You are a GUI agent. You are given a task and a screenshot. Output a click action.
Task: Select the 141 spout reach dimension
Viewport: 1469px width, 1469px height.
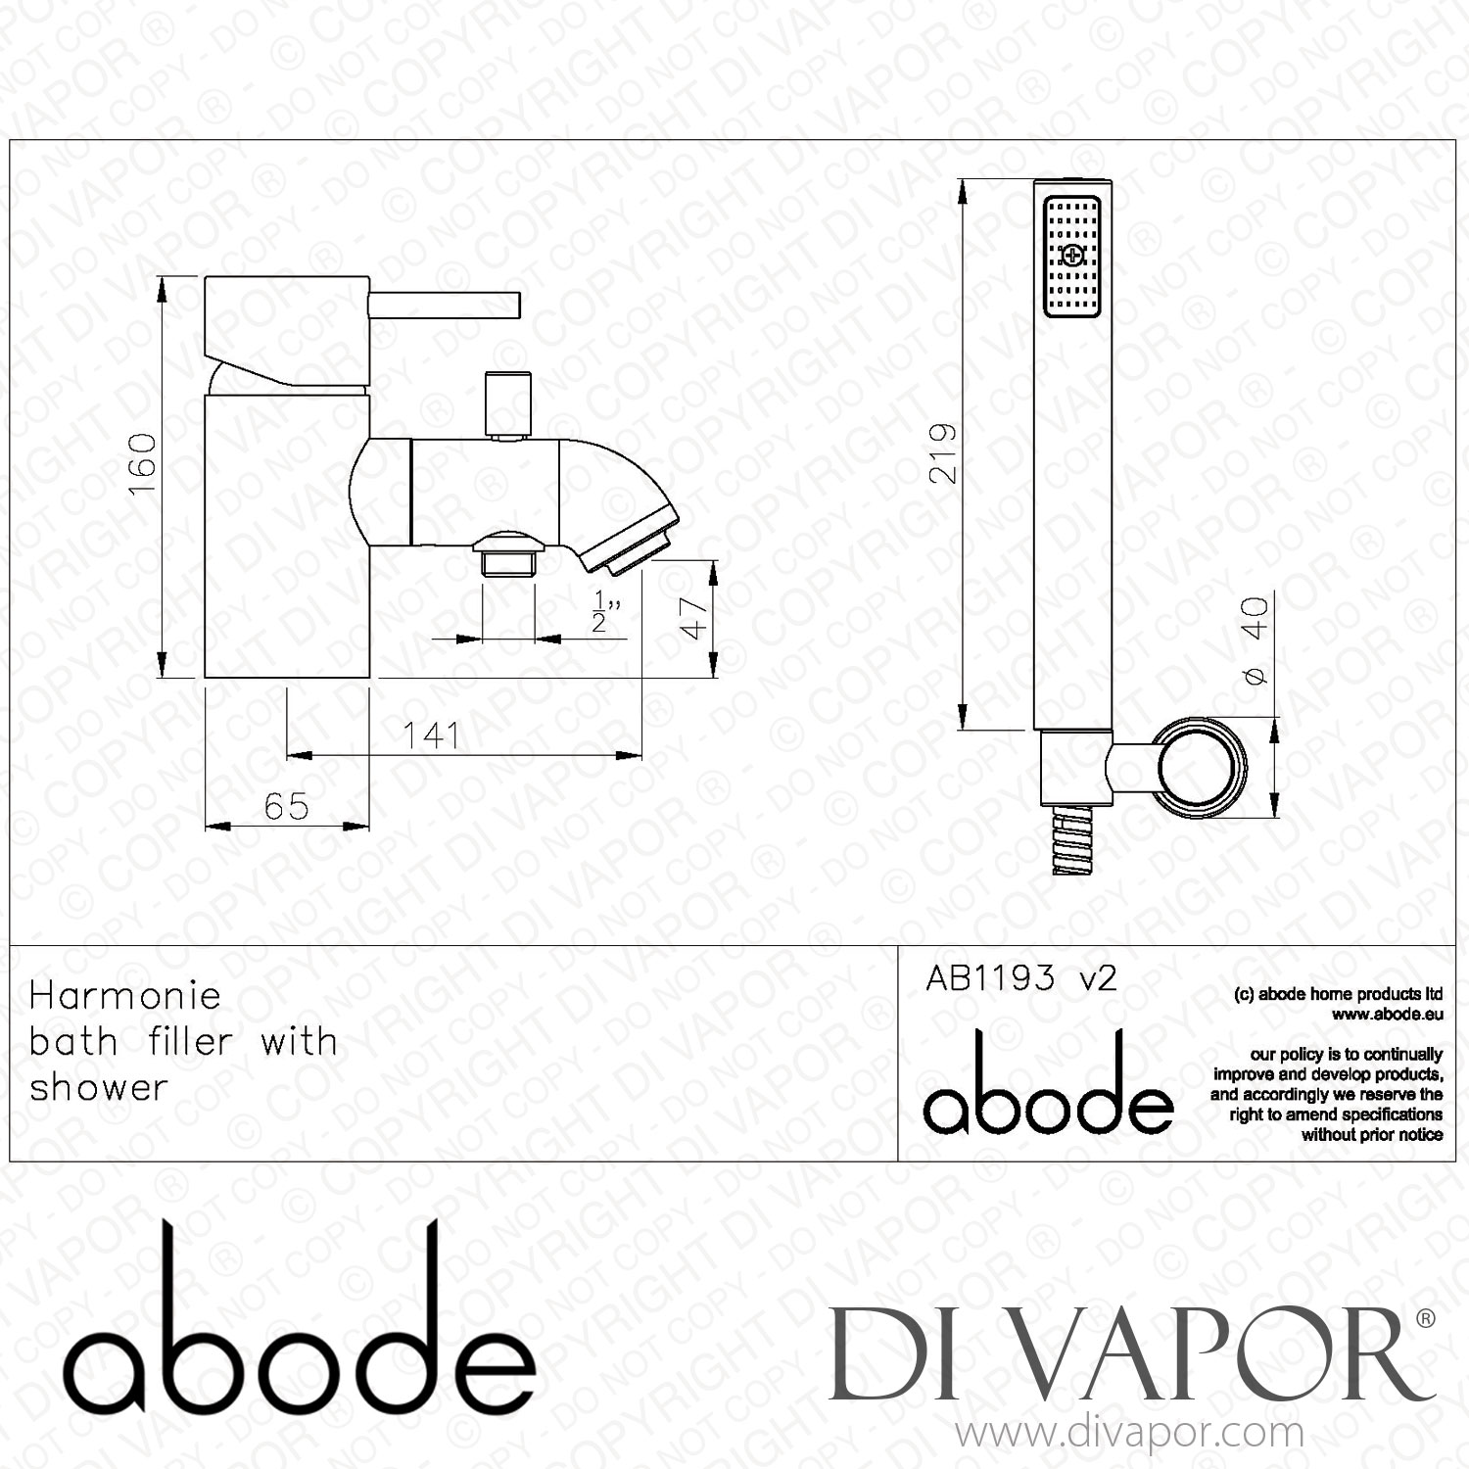click(432, 734)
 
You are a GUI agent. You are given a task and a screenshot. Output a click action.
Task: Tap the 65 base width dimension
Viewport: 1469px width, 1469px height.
click(286, 807)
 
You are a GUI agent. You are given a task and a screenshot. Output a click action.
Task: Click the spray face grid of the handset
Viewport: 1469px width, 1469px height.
click(1073, 257)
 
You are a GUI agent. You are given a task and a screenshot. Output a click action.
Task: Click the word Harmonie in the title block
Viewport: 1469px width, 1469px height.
click(125, 996)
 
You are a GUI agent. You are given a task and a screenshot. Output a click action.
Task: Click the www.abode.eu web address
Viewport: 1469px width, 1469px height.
click(1388, 1016)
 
